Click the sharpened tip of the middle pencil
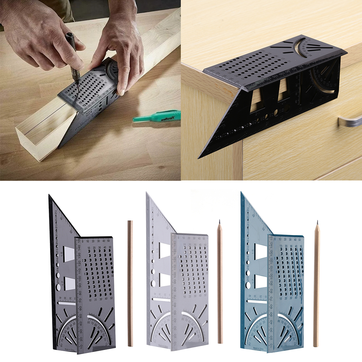pos(219,221)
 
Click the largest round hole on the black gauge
pos(58,288)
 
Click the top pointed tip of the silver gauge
pos(147,193)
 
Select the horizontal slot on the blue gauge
pos(257,300)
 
